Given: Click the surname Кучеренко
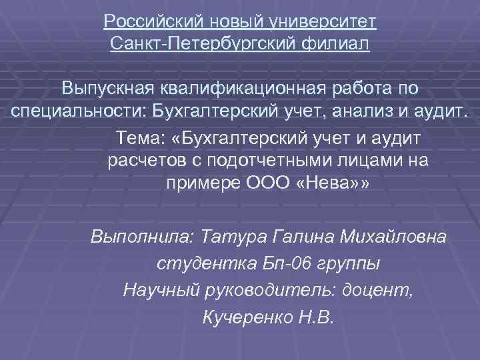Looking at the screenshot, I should [245, 316].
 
